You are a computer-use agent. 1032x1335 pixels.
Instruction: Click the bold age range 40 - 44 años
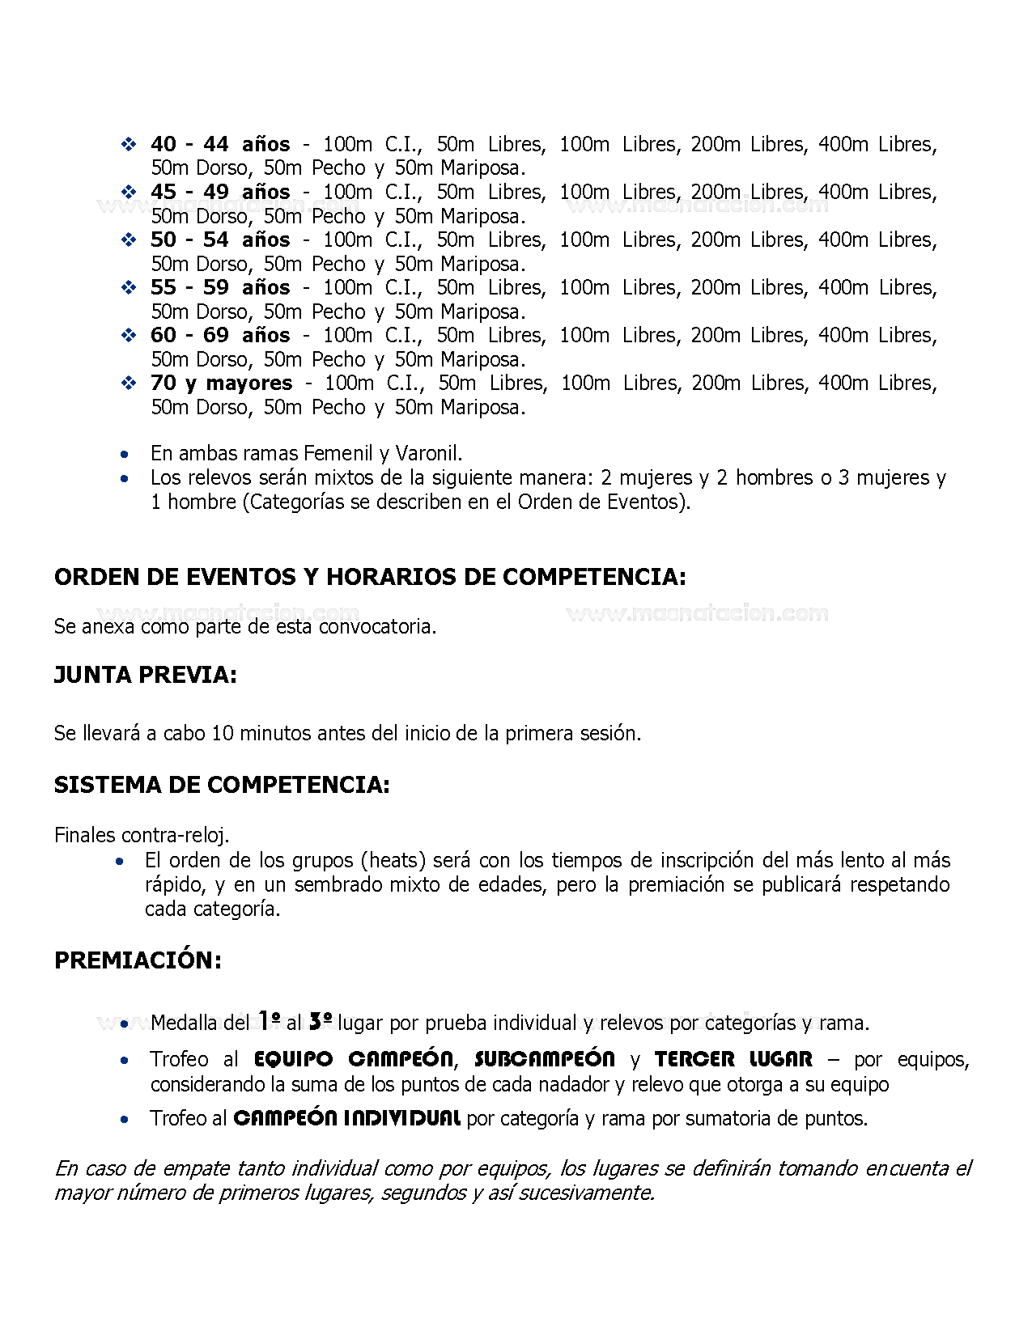point(219,144)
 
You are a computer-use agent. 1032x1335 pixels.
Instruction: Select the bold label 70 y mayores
point(221,383)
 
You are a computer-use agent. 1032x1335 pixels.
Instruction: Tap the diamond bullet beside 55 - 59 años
point(129,287)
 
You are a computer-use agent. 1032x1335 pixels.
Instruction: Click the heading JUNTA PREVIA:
point(146,675)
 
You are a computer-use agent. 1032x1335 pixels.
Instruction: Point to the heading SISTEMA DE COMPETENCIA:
point(222,785)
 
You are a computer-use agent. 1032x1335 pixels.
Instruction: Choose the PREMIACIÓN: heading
point(138,960)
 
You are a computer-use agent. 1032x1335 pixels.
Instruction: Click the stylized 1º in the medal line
point(270,1021)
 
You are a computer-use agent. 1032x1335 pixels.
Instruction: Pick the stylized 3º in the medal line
point(321,1021)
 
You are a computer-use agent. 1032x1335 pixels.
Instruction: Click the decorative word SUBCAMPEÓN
point(544,1059)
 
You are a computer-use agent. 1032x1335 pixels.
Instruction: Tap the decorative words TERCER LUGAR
point(733,1059)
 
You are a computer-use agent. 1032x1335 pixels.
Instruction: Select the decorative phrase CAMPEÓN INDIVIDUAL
point(346,1118)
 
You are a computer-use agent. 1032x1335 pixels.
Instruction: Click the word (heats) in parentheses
point(393,860)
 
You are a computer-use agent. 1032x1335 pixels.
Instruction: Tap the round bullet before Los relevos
point(124,478)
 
